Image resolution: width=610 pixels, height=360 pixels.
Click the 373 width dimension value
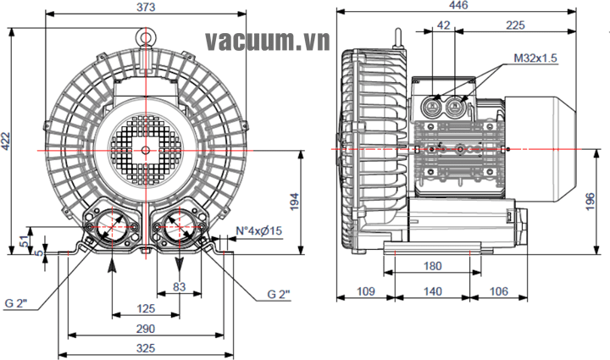pyautogui.click(x=146, y=7)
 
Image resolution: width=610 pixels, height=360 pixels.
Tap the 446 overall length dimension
pyautogui.click(x=457, y=7)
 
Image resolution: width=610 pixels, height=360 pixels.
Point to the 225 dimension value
pyautogui.click(x=514, y=25)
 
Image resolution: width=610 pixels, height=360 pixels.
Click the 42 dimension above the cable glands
pyautogui.click(x=443, y=25)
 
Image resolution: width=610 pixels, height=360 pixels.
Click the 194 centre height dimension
pyautogui.click(x=294, y=201)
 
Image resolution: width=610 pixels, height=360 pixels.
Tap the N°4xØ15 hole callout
pyautogui.click(x=258, y=230)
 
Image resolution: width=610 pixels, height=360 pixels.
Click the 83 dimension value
pyautogui.click(x=180, y=288)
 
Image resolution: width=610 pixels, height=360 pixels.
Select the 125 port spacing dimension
pyautogui.click(x=146, y=308)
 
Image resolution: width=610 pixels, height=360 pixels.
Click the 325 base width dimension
pyautogui.click(x=146, y=348)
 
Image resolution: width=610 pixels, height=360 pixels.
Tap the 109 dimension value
pyautogui.click(x=365, y=291)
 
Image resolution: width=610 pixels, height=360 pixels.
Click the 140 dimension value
pyautogui.click(x=432, y=291)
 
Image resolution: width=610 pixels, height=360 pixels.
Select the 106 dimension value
pyautogui.click(x=499, y=291)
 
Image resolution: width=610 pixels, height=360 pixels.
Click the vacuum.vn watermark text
pyautogui.click(x=264, y=40)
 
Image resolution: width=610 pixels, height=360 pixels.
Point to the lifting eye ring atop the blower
pyautogui.click(x=146, y=36)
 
